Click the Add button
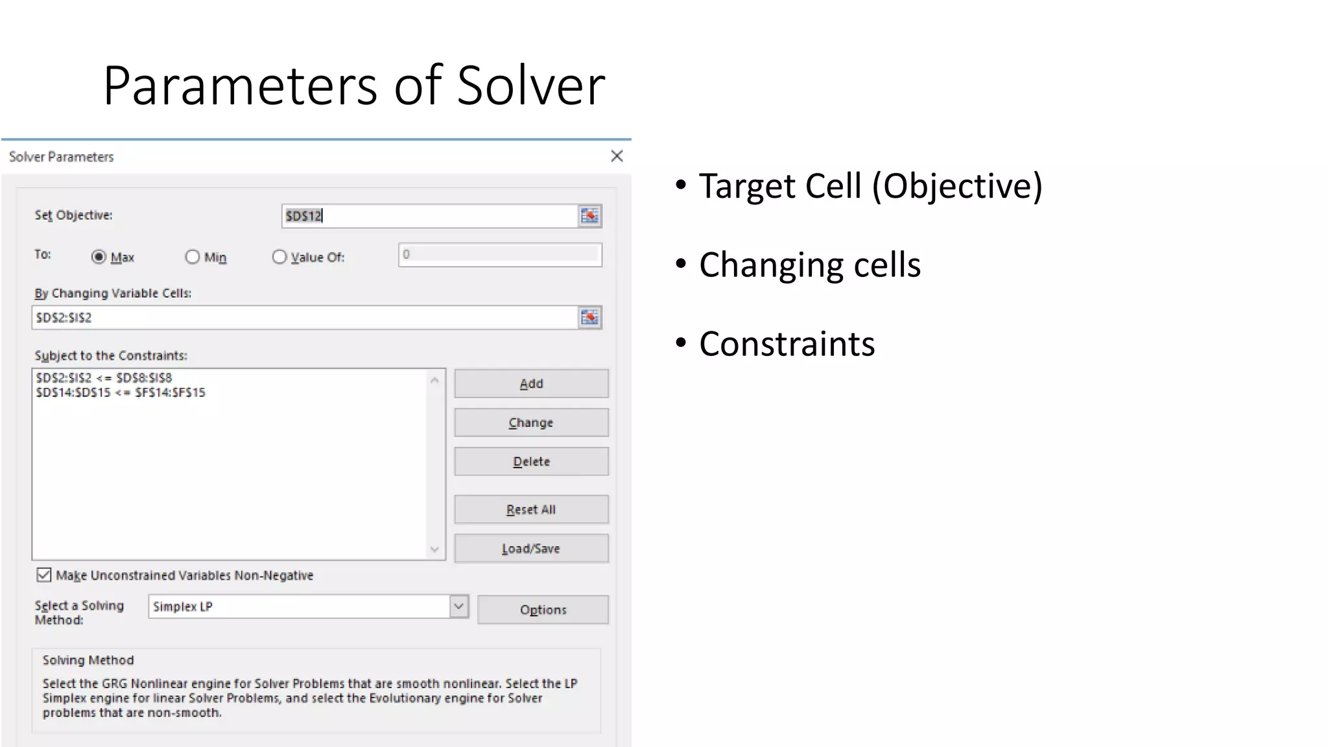tap(531, 383)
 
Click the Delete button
tap(531, 461)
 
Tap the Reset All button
tap(531, 509)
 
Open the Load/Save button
tap(531, 549)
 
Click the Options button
tap(543, 610)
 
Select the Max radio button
tap(99, 257)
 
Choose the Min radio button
tap(193, 257)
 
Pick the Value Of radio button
tap(279, 257)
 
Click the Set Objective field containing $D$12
tap(428, 216)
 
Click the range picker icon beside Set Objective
tap(589, 216)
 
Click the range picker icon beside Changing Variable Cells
tap(589, 317)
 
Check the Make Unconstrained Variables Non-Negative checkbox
tap(44, 575)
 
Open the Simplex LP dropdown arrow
tap(458, 606)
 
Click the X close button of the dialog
tap(617, 156)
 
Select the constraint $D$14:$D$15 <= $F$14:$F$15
tap(121, 392)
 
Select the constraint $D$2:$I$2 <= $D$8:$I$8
tap(104, 377)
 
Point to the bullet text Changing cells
tap(809, 265)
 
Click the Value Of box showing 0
tap(499, 254)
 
